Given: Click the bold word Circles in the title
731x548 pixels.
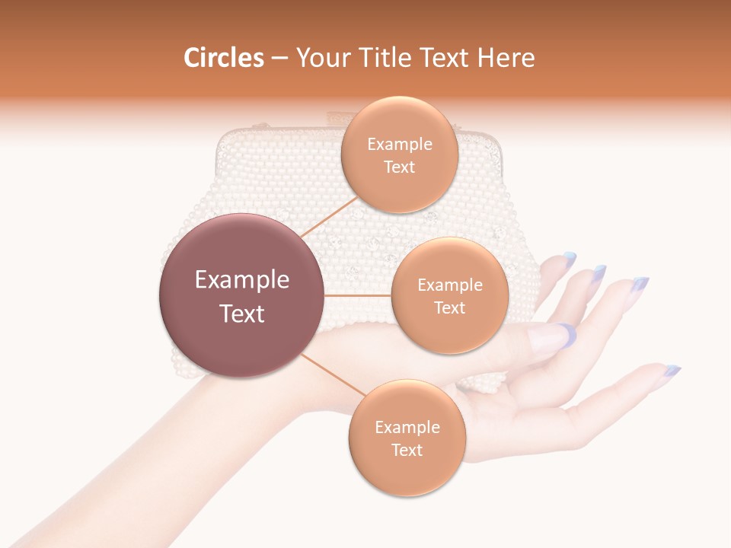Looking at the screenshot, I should click(x=224, y=58).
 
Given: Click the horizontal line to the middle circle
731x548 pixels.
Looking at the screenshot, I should click(x=358, y=295).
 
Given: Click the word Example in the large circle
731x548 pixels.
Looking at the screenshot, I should click(x=242, y=280).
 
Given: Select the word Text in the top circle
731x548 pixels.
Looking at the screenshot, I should click(x=400, y=167).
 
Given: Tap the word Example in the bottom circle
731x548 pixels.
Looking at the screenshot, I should click(x=407, y=428).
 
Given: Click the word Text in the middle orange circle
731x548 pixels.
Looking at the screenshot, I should click(x=449, y=307).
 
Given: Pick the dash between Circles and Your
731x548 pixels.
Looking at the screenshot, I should click(x=279, y=59).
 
